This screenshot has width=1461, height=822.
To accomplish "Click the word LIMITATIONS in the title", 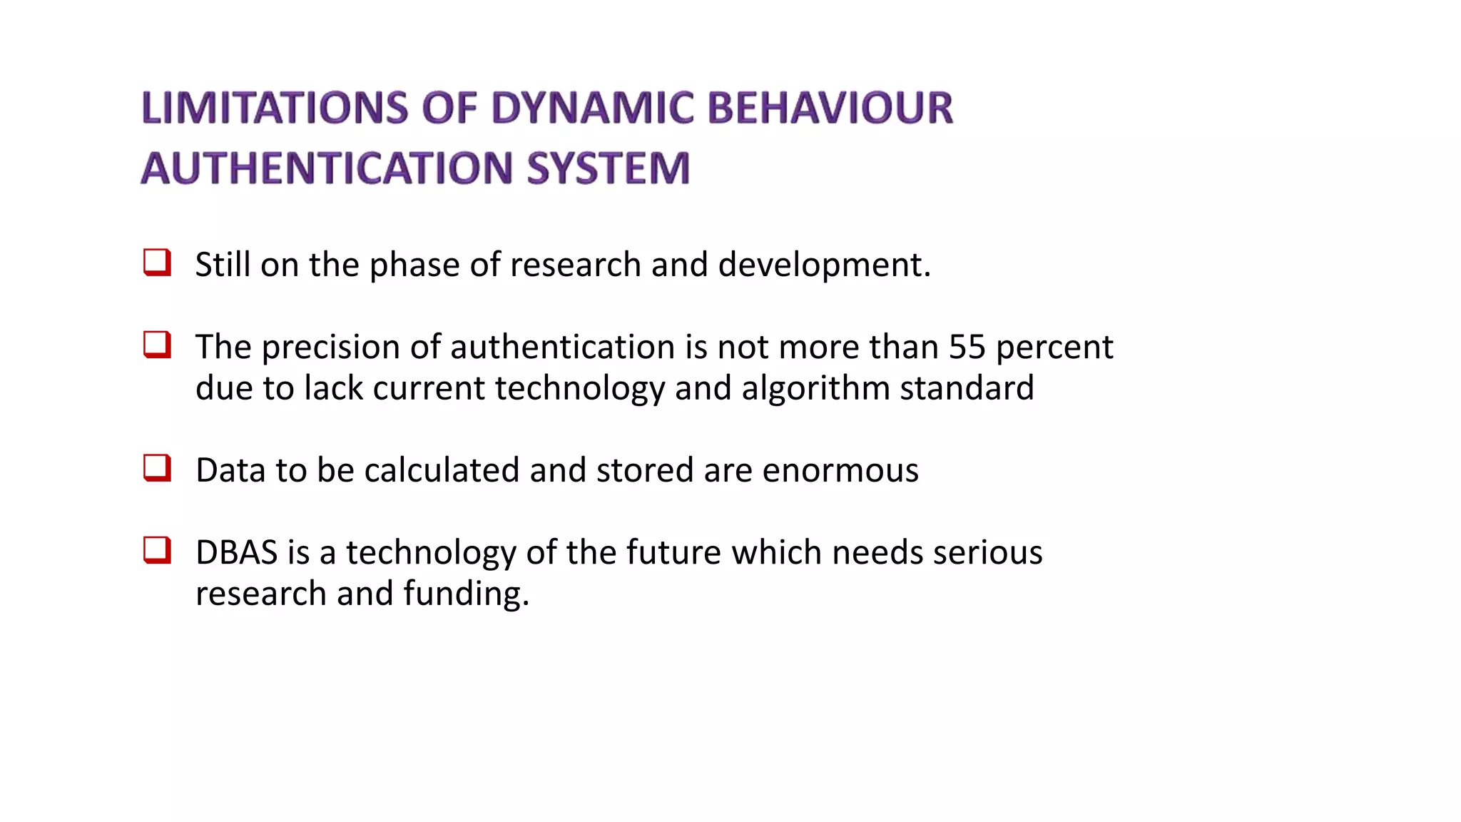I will click(274, 108).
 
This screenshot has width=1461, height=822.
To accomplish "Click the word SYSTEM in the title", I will click(609, 168).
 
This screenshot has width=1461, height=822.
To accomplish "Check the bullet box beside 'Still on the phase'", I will click(157, 263).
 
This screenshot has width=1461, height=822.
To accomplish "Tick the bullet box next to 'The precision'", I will click(157, 345).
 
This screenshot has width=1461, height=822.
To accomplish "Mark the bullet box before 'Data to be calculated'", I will click(157, 468).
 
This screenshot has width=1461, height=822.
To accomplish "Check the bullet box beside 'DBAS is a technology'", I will click(157, 550).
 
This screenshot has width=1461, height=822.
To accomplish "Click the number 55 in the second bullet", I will click(967, 347).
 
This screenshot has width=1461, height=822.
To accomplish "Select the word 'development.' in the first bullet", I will click(824, 265).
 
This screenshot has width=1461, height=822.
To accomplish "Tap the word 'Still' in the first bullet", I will click(223, 265).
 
